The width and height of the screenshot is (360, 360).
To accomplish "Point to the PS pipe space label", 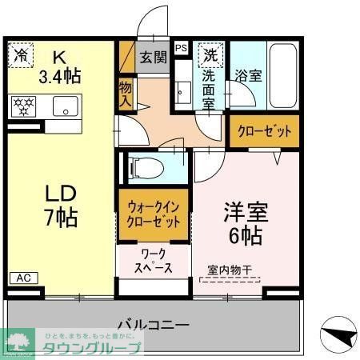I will (181, 47).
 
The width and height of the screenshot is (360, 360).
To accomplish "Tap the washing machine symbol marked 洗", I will (210, 56).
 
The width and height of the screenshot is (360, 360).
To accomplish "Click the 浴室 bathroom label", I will (247, 77).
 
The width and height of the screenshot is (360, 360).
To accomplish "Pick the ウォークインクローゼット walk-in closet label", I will (155, 214).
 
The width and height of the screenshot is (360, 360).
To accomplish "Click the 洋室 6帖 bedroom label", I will (245, 226).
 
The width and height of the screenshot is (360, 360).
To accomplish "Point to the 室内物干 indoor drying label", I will (230, 270).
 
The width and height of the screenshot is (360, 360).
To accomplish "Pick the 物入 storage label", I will (126, 93).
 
